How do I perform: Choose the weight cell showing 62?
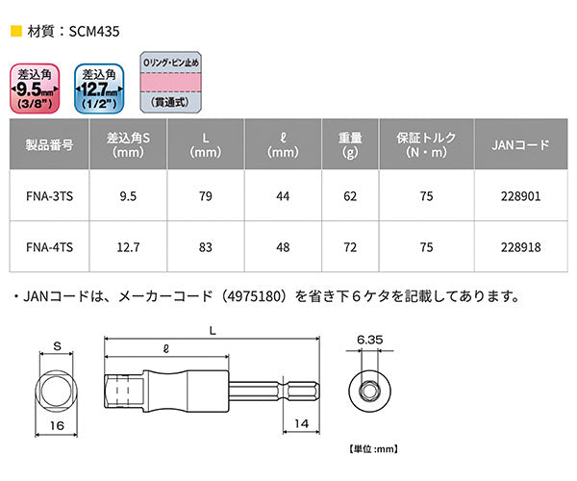350,196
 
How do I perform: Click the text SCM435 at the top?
88,30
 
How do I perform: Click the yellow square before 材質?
13,30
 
